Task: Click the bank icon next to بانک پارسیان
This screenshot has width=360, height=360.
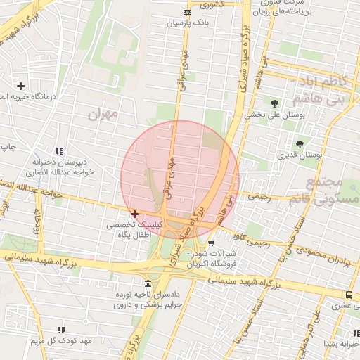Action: tap(187, 12)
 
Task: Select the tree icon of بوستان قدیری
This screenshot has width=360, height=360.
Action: tap(300, 144)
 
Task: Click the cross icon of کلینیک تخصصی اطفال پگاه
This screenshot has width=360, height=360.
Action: tap(134, 214)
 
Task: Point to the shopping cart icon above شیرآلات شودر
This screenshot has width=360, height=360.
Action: tap(211, 243)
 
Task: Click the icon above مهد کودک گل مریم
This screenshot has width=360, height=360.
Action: tap(60, 330)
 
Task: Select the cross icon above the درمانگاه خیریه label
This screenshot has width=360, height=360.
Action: tap(20, 85)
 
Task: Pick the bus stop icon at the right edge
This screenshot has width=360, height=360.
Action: tap(349, 295)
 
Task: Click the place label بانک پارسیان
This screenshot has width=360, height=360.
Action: tap(188, 23)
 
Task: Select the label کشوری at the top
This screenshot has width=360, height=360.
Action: tap(210, 4)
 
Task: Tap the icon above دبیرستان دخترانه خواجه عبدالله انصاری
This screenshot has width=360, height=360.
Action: tap(59, 151)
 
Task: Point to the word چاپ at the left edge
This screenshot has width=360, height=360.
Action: tap(8, 146)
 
